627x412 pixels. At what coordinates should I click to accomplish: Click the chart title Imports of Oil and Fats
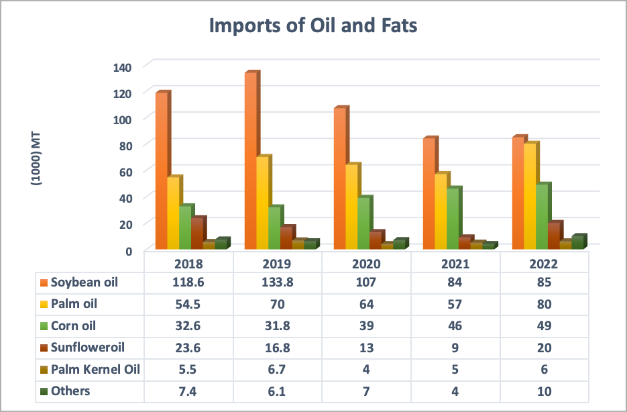point(313,26)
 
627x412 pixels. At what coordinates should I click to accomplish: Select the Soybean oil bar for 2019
point(250,161)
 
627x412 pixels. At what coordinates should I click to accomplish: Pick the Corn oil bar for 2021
point(453,218)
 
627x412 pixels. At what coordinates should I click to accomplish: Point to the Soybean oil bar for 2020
point(340,178)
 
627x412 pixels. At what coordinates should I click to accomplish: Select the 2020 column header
point(366,264)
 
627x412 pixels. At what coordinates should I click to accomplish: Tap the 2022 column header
point(544,264)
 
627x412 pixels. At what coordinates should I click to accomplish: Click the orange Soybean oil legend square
point(44,282)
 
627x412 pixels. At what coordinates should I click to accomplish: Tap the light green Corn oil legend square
point(44,326)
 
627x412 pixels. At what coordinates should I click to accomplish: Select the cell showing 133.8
point(278,282)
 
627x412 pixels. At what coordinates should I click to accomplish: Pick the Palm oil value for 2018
point(189,304)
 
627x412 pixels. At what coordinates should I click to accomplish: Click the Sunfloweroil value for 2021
point(455,348)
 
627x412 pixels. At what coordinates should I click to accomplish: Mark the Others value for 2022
point(544,391)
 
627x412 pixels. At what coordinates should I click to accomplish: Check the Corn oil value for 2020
point(366,326)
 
